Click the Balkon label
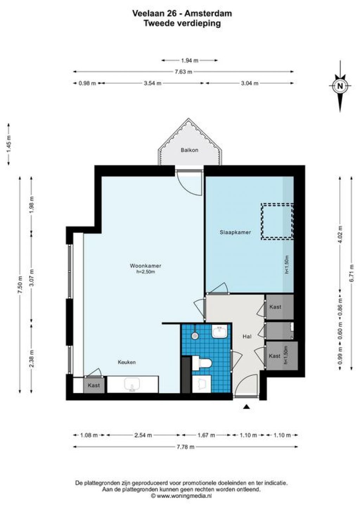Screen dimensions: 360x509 189,150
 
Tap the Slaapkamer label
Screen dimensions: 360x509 235,232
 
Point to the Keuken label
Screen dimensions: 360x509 127,362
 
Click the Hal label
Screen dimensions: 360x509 247,336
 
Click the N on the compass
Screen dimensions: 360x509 340,86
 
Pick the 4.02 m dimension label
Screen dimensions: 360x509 340,234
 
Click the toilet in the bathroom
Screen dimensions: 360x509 202,363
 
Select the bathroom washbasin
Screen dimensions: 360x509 219,332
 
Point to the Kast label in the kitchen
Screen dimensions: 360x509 94,385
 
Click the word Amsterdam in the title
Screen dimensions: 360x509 208,14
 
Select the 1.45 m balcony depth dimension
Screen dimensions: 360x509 9,144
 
